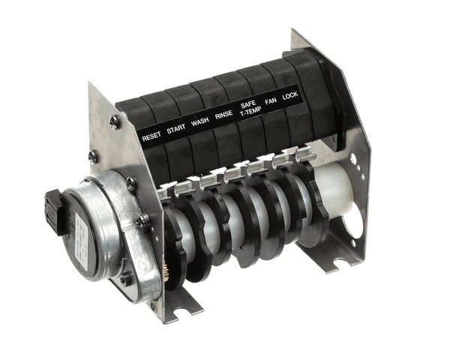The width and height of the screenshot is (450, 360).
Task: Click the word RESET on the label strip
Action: (151, 136)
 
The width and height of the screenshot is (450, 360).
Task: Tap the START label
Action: (176, 129)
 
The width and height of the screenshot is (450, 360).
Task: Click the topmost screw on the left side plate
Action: (114, 120)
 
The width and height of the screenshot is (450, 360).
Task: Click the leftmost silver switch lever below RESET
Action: (166, 192)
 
